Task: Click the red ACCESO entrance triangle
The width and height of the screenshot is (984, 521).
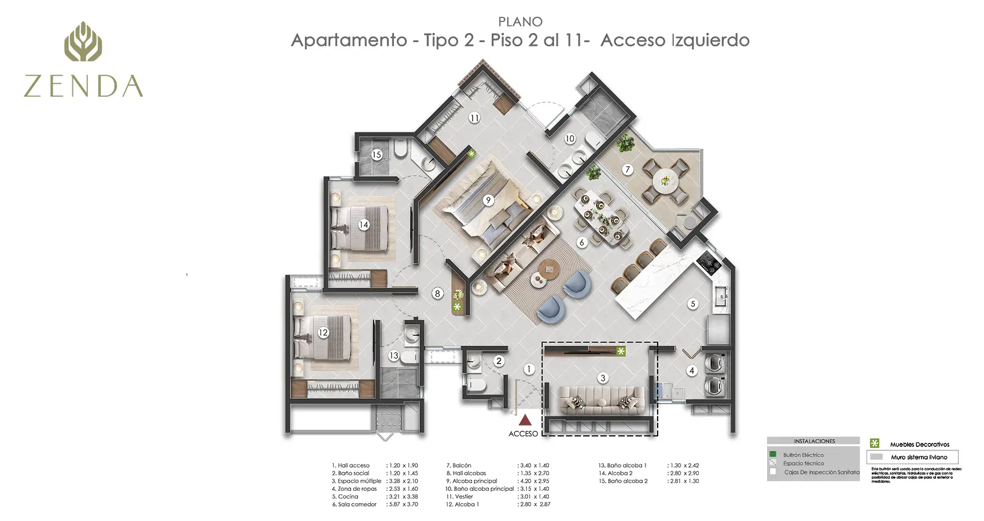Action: [x=525, y=419]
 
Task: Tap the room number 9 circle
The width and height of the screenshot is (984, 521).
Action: [x=488, y=200]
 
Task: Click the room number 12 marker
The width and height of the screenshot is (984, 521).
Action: [x=323, y=332]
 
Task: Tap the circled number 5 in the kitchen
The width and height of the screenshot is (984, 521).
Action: [x=693, y=303]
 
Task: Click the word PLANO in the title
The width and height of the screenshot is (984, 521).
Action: [x=520, y=22]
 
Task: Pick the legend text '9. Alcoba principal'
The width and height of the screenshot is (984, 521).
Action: [x=471, y=481]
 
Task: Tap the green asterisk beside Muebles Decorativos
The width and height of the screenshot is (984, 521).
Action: [x=875, y=443]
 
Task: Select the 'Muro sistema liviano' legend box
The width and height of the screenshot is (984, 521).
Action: [x=912, y=457]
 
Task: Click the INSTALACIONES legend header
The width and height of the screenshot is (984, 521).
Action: [x=814, y=441]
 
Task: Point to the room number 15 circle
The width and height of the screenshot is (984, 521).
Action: [x=377, y=155]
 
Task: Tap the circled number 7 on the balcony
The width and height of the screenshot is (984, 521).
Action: [x=628, y=170]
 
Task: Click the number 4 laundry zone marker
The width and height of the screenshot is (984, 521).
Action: [x=691, y=370]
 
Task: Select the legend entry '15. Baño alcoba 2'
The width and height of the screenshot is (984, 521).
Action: [x=623, y=481]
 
